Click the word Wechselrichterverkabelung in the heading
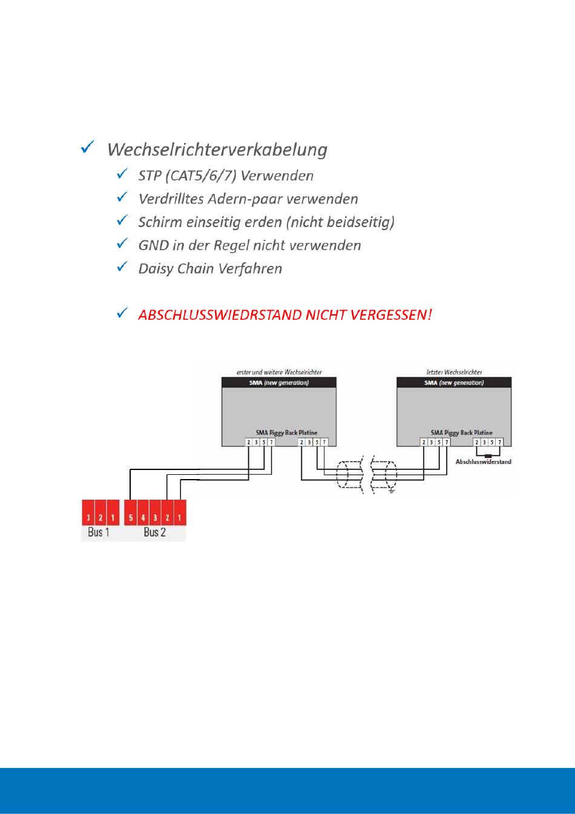coord(217,149)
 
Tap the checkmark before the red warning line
coord(122,313)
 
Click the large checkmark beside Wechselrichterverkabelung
coord(87,147)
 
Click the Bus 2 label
coord(154,532)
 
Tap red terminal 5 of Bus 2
coord(131,518)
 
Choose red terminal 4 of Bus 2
coord(143,518)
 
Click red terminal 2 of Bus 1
coord(100,518)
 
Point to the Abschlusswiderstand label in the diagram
coord(484,462)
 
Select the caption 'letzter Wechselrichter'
coord(453,372)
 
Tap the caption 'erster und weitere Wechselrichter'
coord(279,372)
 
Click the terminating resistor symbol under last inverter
coord(488,454)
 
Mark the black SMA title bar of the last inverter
coord(457,383)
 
